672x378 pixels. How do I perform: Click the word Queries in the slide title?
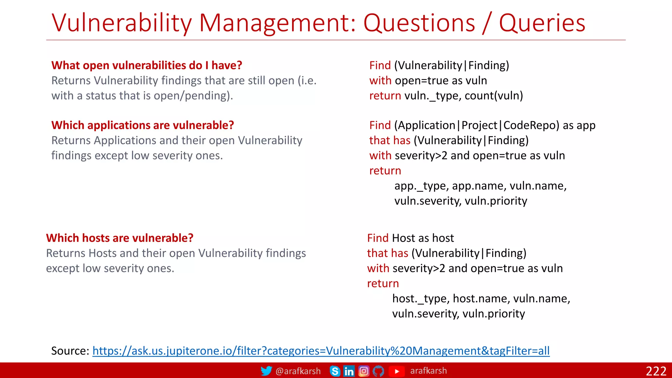click(542, 23)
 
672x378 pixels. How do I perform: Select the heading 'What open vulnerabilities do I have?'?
click(147, 65)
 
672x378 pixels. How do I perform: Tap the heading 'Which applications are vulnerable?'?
click(143, 125)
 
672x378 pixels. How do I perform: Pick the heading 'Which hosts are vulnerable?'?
click(120, 238)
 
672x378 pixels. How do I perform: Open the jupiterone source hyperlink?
click(321, 351)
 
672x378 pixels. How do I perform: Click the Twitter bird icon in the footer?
click(266, 371)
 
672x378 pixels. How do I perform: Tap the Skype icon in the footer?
click(335, 371)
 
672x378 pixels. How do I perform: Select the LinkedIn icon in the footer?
click(349, 371)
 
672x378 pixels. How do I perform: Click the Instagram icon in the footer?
click(364, 371)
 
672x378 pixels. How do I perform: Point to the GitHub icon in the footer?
click(378, 371)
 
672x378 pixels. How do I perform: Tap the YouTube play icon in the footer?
click(397, 371)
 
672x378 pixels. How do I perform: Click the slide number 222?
click(656, 371)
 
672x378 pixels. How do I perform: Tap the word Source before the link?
click(68, 351)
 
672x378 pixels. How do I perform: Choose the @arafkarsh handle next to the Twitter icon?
click(298, 371)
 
